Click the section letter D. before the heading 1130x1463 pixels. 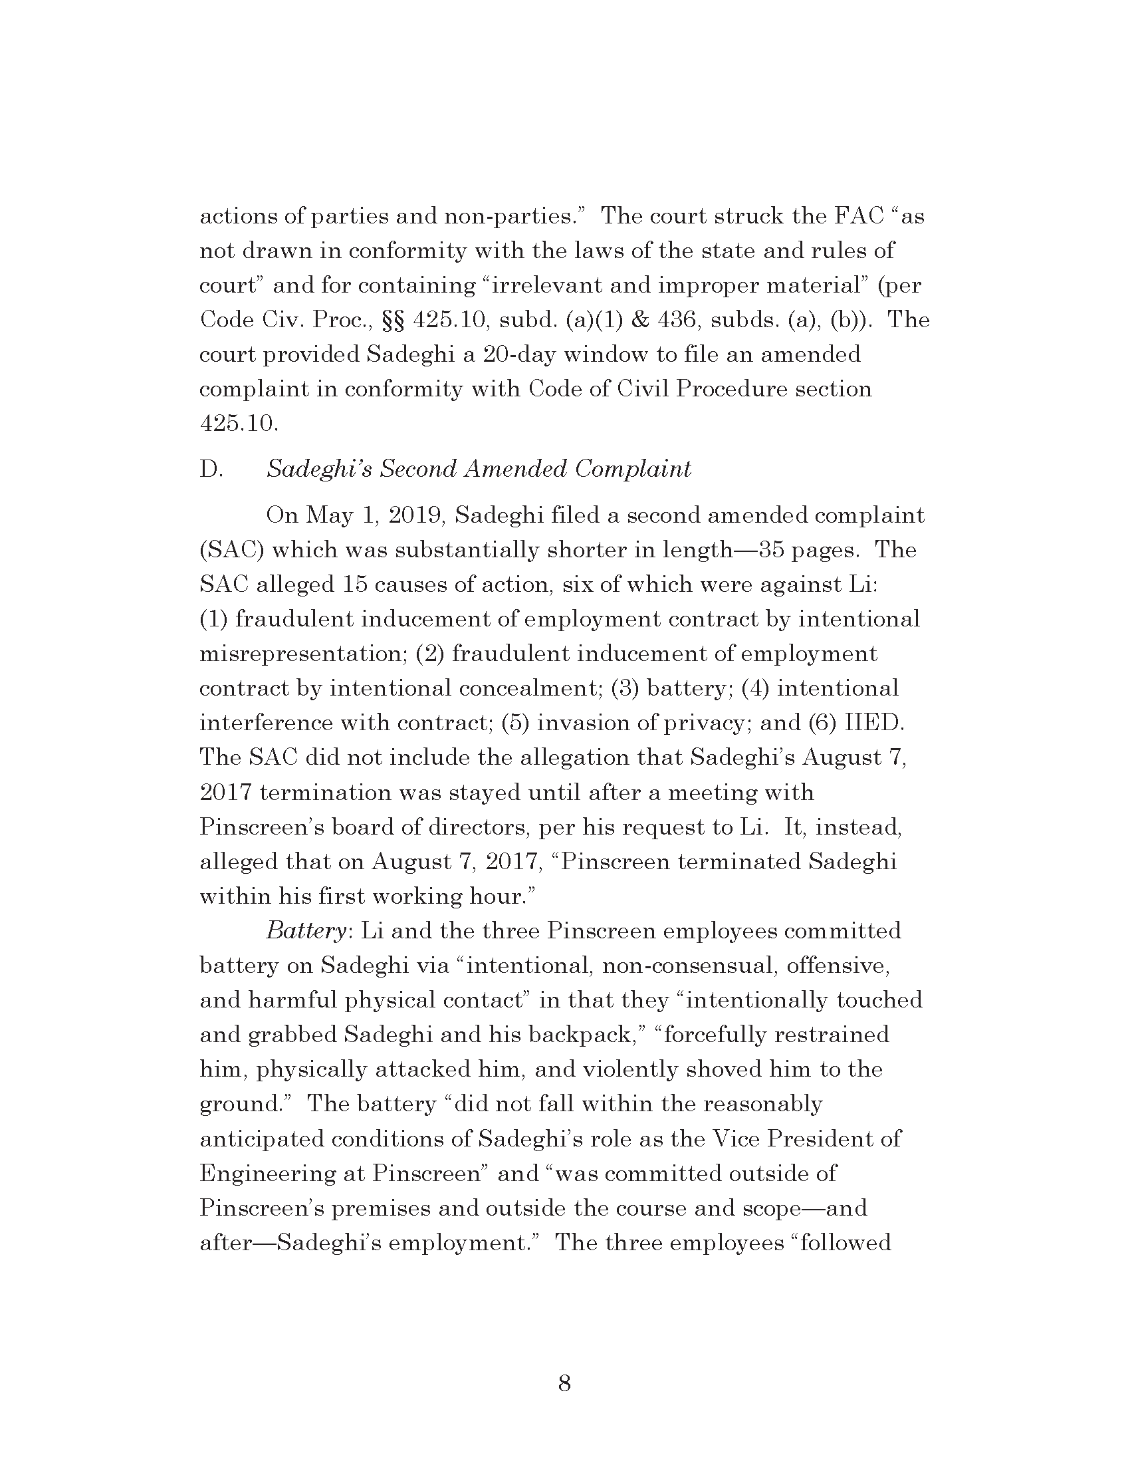click(x=211, y=469)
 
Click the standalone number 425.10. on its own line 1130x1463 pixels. click(x=239, y=424)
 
